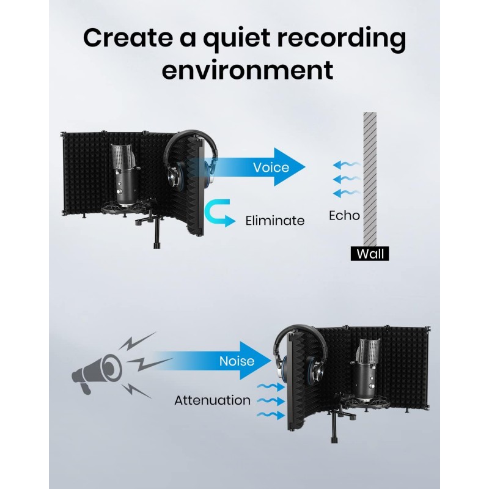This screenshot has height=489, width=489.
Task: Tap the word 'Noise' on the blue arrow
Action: point(237,361)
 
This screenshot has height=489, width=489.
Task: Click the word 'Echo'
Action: point(344,215)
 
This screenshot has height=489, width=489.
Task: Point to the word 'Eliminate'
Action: point(274,221)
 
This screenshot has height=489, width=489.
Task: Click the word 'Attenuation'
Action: point(212,401)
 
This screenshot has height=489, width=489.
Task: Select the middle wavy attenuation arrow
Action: point(270,401)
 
